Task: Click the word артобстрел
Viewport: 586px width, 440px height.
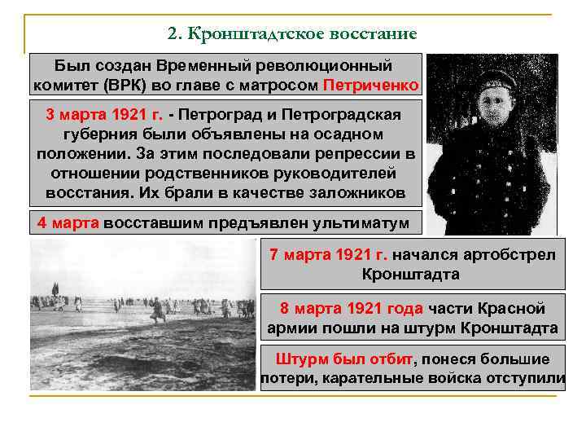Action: [x=512, y=254]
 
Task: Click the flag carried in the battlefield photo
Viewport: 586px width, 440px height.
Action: [x=55, y=287]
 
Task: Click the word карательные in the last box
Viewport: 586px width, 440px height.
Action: [x=414, y=378]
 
